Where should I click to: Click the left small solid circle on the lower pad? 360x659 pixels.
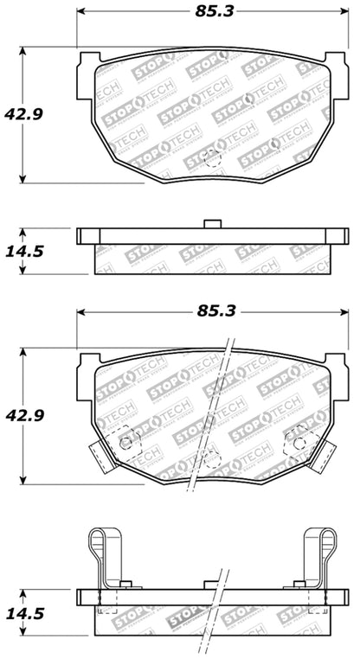(x=126, y=444)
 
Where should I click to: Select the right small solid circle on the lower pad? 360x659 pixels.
(x=299, y=444)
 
